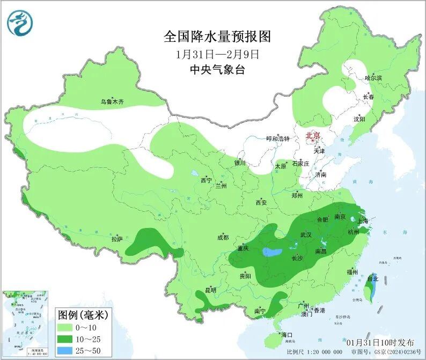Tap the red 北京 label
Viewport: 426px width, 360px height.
coord(312,136)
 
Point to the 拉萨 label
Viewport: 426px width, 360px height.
coord(117,238)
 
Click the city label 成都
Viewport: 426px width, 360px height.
coord(223,237)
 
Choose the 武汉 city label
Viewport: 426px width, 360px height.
coord(306,234)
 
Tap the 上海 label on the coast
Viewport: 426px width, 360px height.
coord(362,221)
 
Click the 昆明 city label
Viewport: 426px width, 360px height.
coord(211,290)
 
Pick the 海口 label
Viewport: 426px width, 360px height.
coord(287,335)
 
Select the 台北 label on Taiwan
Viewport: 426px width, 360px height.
coord(372,279)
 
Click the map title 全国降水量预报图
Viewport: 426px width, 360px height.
coord(217,36)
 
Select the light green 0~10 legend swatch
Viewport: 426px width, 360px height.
coord(69,327)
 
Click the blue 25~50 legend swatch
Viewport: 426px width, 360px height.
coord(69,351)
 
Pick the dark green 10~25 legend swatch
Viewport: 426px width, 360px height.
coord(69,339)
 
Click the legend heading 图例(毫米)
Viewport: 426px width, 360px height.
coord(83,314)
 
